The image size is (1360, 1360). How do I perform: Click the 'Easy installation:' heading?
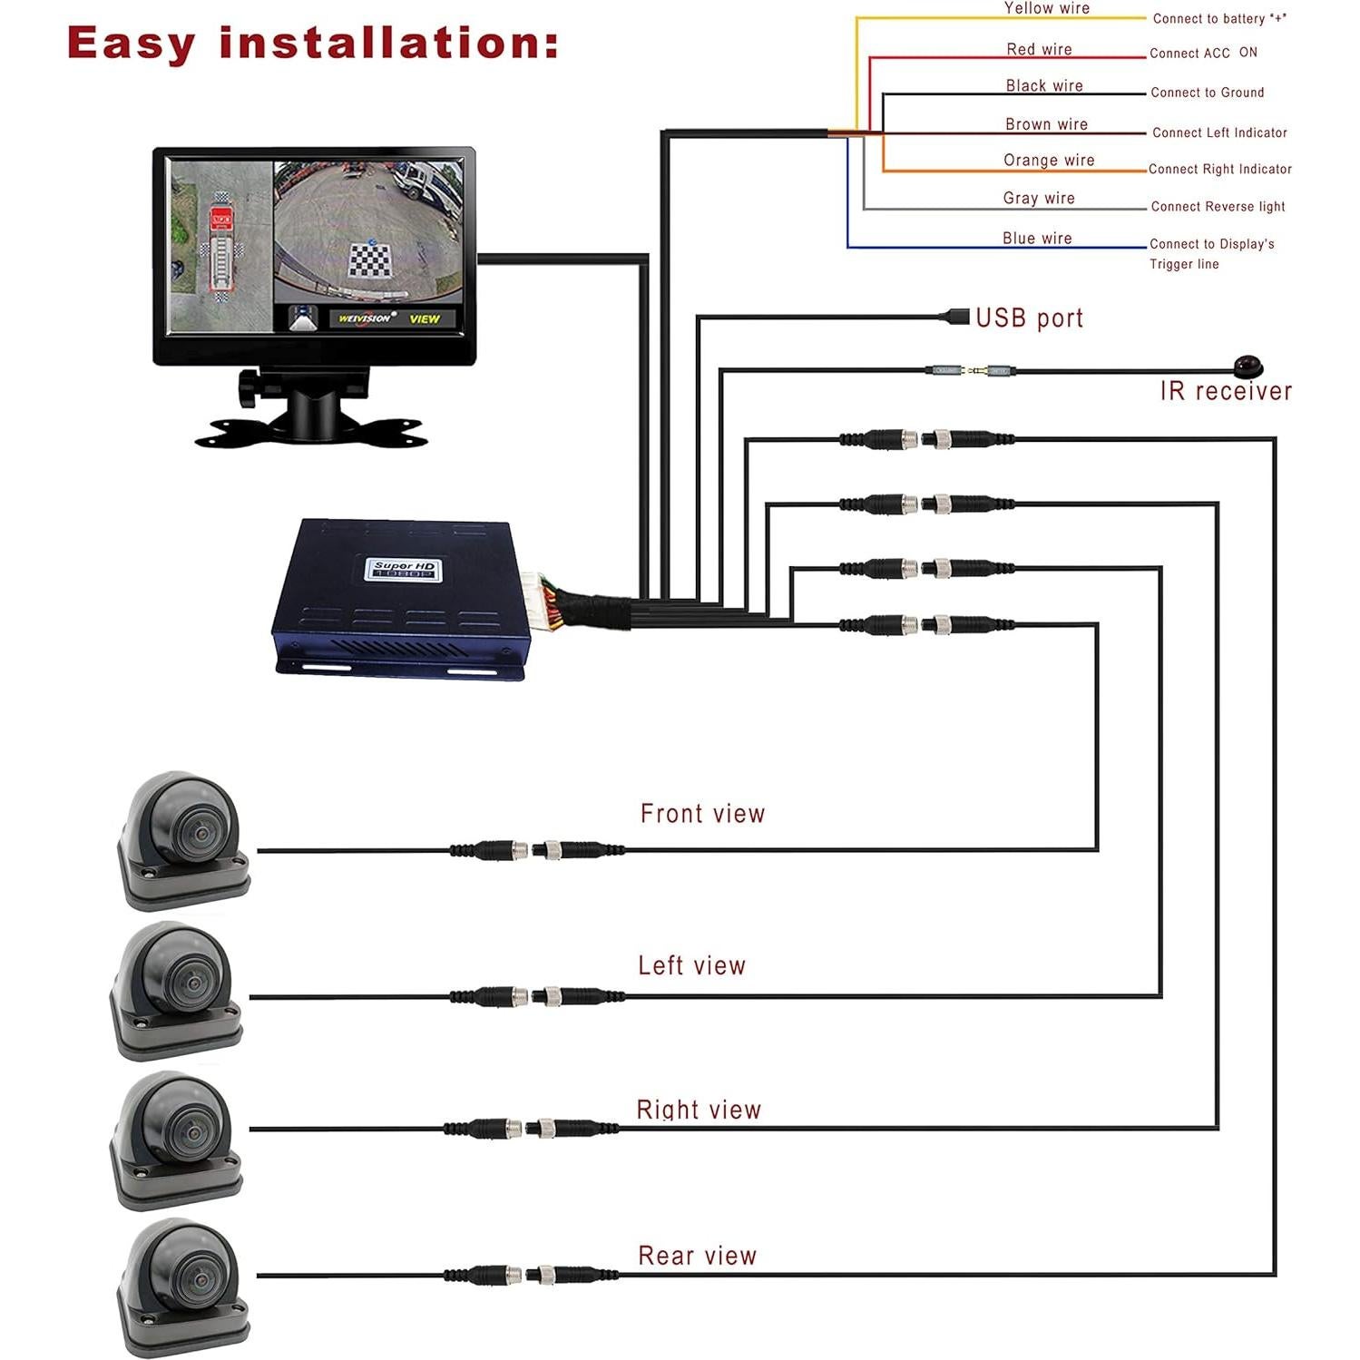312,44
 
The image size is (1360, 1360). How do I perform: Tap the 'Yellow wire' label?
1046,8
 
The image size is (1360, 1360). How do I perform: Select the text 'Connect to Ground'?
1207,93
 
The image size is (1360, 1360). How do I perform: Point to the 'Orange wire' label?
1049,161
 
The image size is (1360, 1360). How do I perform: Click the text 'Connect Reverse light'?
1218,207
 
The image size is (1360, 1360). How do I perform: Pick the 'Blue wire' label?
1037,239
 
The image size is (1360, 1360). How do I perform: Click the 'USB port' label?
1029,318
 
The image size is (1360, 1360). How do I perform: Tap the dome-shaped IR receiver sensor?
1248,367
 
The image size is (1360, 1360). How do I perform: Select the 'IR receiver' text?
1226,391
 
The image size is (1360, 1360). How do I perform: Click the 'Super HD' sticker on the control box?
403,570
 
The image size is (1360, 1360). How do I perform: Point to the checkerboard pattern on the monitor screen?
370,260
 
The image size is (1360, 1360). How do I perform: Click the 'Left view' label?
691,965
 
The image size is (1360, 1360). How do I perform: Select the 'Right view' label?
699,1110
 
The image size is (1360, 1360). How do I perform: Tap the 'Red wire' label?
1039,50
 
